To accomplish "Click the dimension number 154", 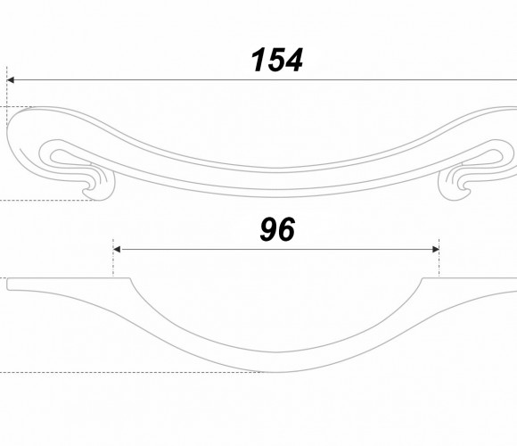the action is (x=276, y=60).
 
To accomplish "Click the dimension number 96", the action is (x=277, y=229).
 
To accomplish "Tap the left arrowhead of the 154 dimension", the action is (x=10, y=79).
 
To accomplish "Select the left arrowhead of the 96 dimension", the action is (x=117, y=250).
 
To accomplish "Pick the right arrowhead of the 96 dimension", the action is (x=436, y=250).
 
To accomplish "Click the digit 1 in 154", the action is (x=258, y=60).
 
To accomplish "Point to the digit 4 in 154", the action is (x=292, y=60).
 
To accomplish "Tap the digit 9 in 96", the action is (x=268, y=229).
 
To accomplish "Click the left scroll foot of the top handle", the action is (x=99, y=183).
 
